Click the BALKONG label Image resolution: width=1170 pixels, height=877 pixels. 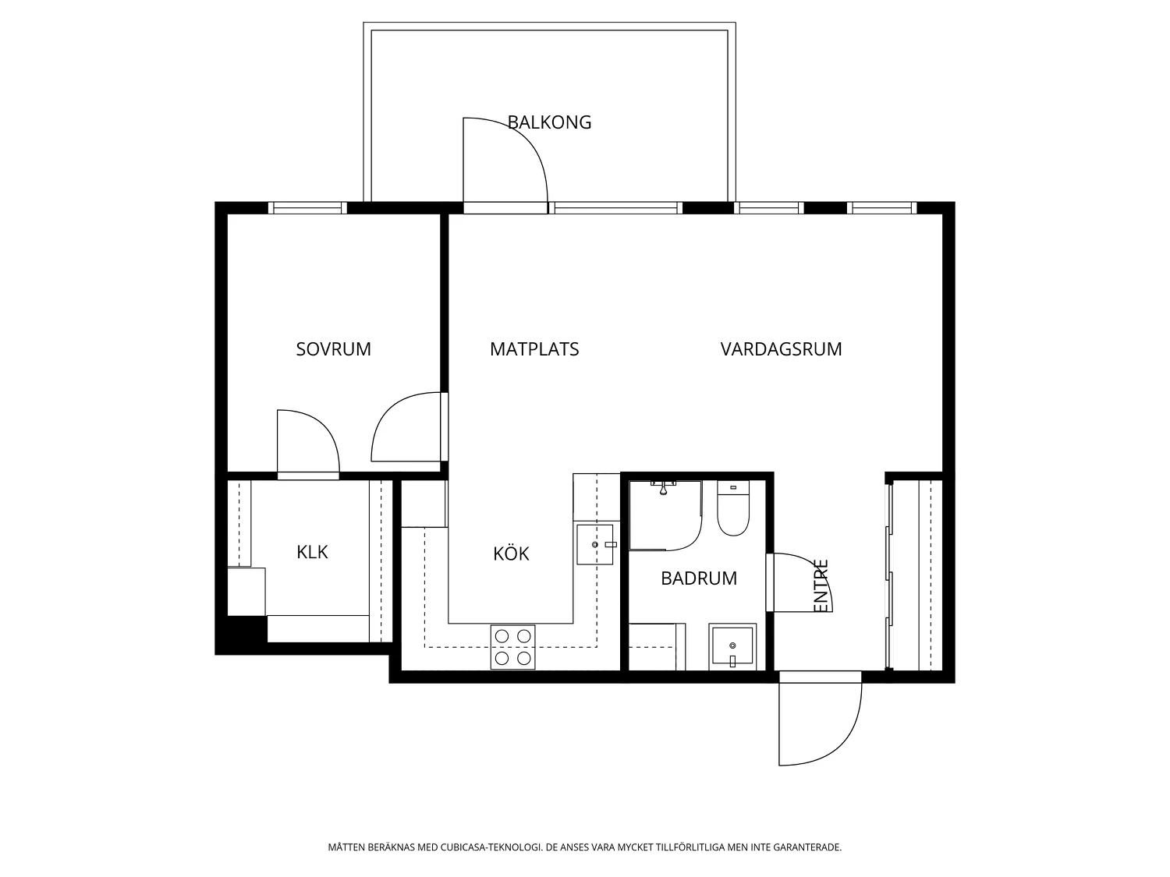point(549,122)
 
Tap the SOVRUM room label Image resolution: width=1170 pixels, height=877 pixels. point(333,349)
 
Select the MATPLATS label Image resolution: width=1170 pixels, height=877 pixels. point(534,349)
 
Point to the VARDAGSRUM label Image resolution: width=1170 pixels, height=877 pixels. point(781,349)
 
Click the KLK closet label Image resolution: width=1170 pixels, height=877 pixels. point(312,552)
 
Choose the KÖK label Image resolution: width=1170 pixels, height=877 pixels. point(511,553)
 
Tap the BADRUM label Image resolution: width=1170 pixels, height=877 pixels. point(699,578)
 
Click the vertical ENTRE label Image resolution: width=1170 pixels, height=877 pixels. point(822,585)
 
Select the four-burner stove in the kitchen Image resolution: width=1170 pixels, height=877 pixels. point(512,647)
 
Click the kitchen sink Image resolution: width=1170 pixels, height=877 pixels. point(595,544)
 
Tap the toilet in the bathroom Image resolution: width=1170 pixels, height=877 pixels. point(733,508)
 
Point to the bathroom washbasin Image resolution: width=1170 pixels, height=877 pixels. point(732,647)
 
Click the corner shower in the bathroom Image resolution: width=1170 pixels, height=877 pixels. point(665,515)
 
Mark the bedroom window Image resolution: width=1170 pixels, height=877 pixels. point(307,207)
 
